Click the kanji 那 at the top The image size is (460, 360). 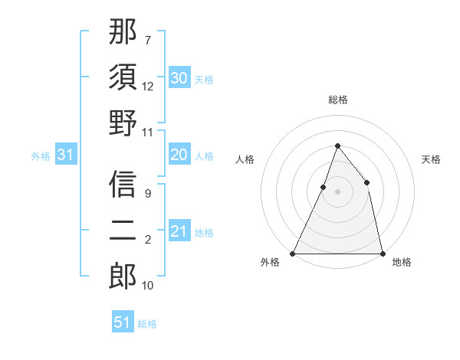(x=123, y=33)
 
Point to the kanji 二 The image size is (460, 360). (x=123, y=230)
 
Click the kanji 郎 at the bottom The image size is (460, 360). (x=123, y=275)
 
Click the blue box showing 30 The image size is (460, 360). (x=179, y=78)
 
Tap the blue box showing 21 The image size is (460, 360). (x=179, y=231)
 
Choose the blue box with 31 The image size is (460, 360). (x=66, y=155)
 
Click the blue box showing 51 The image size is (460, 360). (x=123, y=322)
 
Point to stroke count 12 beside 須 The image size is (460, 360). (x=148, y=87)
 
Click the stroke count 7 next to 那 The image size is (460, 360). (x=147, y=39)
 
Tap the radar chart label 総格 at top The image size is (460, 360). (x=337, y=100)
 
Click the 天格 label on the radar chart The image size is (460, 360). (x=431, y=159)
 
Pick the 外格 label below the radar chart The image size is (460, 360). (x=270, y=263)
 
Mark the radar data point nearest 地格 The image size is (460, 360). (x=382, y=253)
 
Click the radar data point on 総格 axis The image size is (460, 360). (x=337, y=146)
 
